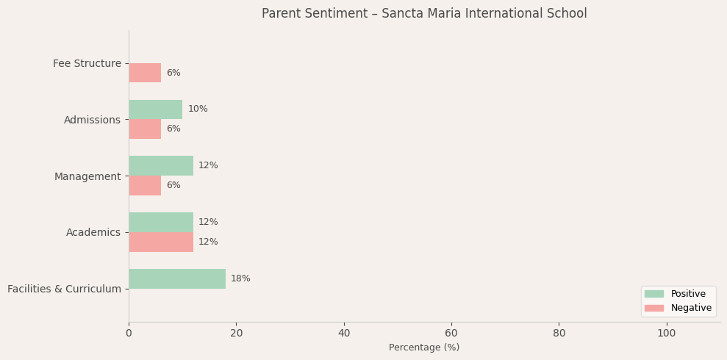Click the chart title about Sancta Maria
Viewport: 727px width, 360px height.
424,14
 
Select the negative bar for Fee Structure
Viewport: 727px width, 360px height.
145,73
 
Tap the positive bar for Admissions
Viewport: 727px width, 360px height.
155,109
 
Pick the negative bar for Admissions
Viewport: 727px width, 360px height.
145,129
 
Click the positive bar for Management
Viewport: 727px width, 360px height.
161,166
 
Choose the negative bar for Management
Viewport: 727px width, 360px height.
145,186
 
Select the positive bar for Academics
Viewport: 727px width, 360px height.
161,222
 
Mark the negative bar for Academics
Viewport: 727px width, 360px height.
161,242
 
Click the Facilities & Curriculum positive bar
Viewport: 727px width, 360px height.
177,279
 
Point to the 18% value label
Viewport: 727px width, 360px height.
240,279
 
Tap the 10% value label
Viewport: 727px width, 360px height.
198,109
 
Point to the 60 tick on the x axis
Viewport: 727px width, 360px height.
451,334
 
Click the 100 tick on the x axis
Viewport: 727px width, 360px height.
667,334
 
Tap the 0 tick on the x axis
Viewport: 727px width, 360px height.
129,334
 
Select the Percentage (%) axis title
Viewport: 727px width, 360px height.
424,348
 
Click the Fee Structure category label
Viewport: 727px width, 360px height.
87,64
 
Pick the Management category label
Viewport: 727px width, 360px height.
87,176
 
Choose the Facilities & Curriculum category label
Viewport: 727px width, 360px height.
64,289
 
